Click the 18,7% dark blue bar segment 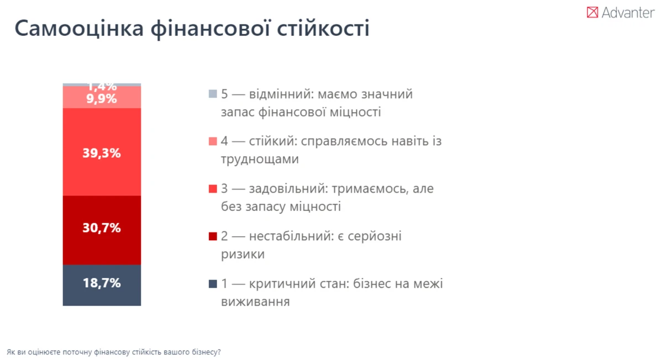click(102, 285)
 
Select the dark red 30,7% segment click(102, 230)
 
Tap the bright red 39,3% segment click(102, 152)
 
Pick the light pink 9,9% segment click(102, 97)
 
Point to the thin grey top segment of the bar click(102, 85)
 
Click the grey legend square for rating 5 click(213, 94)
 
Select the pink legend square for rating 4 click(213, 141)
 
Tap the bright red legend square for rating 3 click(213, 189)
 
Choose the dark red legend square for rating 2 click(213, 236)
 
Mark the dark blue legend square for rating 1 click(213, 284)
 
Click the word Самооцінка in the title click(79, 29)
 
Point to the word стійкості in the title click(323, 28)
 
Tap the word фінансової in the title click(211, 29)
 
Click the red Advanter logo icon click(592, 13)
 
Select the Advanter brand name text click(628, 13)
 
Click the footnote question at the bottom click(114, 352)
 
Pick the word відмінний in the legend click(281, 94)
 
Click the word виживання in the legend click(255, 301)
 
